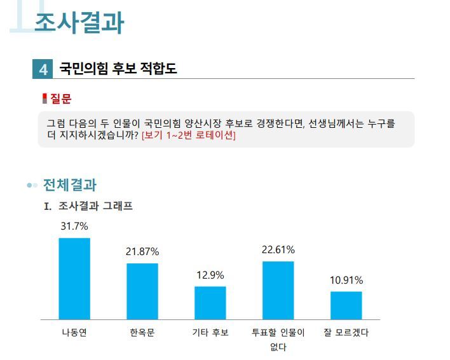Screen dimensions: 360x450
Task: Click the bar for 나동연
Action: tap(74, 279)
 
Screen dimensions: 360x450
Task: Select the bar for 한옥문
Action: tap(142, 291)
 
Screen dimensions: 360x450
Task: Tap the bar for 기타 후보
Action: tap(210, 303)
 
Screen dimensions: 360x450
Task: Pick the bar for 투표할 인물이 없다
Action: tap(278, 290)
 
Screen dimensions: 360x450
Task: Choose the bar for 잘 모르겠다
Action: tap(346, 305)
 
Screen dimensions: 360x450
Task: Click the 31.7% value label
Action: tap(74, 226)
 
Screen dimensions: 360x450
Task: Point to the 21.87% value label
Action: tap(142, 252)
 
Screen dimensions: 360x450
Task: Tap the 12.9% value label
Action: tap(210, 275)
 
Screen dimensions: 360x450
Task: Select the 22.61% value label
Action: tap(278, 249)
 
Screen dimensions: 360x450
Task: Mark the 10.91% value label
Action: tap(346, 280)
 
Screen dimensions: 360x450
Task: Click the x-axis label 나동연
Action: tap(74, 333)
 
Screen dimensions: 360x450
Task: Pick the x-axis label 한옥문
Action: tap(142, 333)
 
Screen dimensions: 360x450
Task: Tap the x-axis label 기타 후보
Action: tap(210, 333)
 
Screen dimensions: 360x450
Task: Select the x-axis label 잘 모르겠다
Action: tap(346, 333)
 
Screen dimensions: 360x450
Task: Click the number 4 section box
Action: tap(43, 69)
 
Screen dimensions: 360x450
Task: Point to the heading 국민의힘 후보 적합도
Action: tap(118, 69)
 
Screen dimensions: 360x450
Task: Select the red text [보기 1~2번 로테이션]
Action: tap(188, 135)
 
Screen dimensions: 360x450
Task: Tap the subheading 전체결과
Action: tap(69, 185)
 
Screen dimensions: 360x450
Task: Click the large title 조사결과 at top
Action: tap(79, 23)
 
